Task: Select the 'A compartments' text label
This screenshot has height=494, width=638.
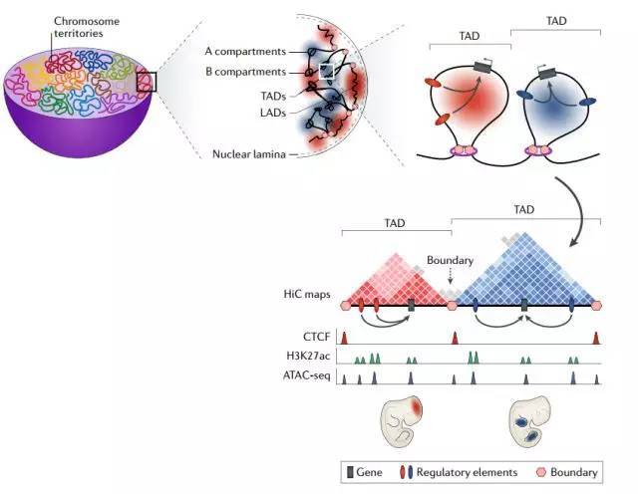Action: click(x=244, y=51)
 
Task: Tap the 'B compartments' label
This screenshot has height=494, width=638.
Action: click(x=244, y=72)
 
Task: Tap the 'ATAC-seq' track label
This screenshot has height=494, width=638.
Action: click(x=307, y=377)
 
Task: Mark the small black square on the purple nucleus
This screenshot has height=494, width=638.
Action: click(x=146, y=81)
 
